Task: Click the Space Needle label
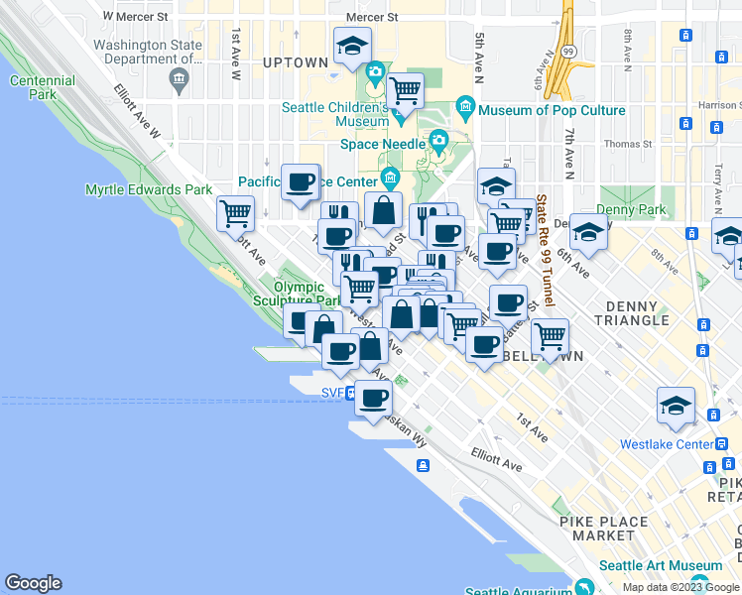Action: [x=381, y=144]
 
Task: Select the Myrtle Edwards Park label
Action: [x=149, y=189]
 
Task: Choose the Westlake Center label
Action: [x=666, y=444]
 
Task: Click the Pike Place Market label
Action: [x=597, y=528]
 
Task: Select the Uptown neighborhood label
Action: [x=296, y=62]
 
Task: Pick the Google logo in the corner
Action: [x=33, y=583]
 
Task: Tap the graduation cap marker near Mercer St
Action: [x=352, y=46]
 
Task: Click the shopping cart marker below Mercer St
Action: [x=405, y=90]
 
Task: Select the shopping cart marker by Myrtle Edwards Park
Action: [x=235, y=211]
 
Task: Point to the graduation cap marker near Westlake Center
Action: [x=676, y=405]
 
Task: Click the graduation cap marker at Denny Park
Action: [x=588, y=231]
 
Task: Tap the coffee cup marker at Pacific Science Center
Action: [x=300, y=180]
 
